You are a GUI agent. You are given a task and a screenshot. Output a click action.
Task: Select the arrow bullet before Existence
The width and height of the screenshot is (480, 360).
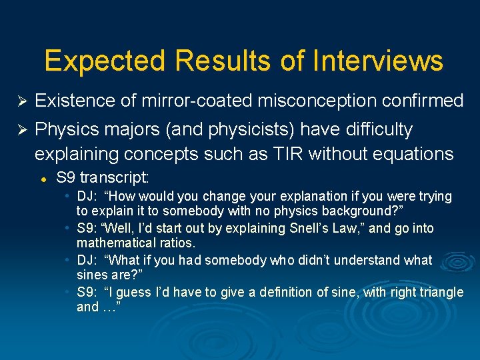[21, 101]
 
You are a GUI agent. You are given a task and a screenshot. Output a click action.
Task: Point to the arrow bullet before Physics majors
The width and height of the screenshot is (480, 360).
[21, 129]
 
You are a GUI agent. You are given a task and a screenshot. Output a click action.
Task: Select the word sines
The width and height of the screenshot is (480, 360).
[91, 276]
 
